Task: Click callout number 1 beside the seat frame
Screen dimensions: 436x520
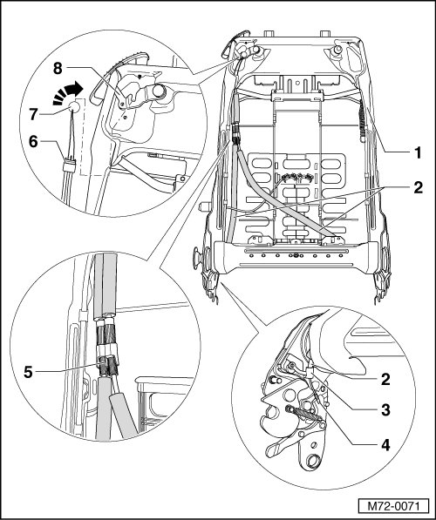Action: pos(417,153)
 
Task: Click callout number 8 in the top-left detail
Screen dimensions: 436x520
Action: pos(58,69)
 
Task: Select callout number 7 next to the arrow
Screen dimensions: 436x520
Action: pos(34,115)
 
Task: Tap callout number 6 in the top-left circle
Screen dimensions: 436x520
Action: pos(33,142)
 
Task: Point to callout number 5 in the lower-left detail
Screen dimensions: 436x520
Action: pos(28,372)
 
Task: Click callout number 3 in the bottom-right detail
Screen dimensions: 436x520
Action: pos(385,410)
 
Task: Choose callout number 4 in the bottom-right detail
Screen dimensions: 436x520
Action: pos(385,445)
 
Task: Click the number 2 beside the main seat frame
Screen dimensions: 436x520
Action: pos(418,187)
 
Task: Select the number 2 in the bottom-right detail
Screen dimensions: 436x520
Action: pos(385,379)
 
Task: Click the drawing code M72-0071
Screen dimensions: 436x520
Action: pos(393,506)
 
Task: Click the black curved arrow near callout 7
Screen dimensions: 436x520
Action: pos(67,93)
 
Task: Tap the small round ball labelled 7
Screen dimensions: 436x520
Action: pos(74,106)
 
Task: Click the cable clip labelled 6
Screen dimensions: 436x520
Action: pos(70,165)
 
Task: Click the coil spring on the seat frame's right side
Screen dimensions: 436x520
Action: pos(363,122)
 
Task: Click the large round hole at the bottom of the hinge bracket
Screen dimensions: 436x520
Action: pos(313,461)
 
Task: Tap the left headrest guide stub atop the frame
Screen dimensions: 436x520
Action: pos(268,33)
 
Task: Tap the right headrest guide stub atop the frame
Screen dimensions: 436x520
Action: pos(324,33)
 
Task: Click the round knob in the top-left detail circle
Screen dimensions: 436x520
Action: pos(159,91)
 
